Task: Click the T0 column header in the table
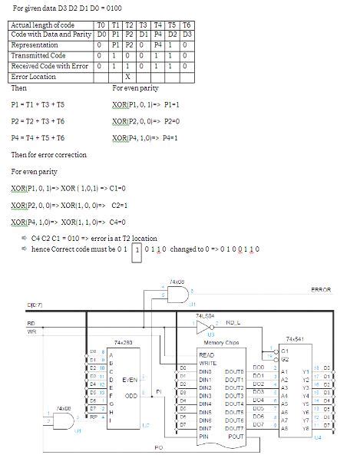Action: click(x=100, y=25)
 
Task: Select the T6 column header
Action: click(x=187, y=25)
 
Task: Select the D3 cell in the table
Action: click(x=187, y=35)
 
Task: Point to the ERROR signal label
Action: click(x=321, y=290)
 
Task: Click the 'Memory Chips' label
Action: click(x=220, y=342)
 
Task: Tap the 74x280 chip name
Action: click(x=124, y=341)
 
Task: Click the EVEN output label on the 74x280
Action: click(x=130, y=379)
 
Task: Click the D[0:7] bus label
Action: click(x=34, y=305)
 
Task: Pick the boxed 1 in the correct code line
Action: click(x=137, y=249)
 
